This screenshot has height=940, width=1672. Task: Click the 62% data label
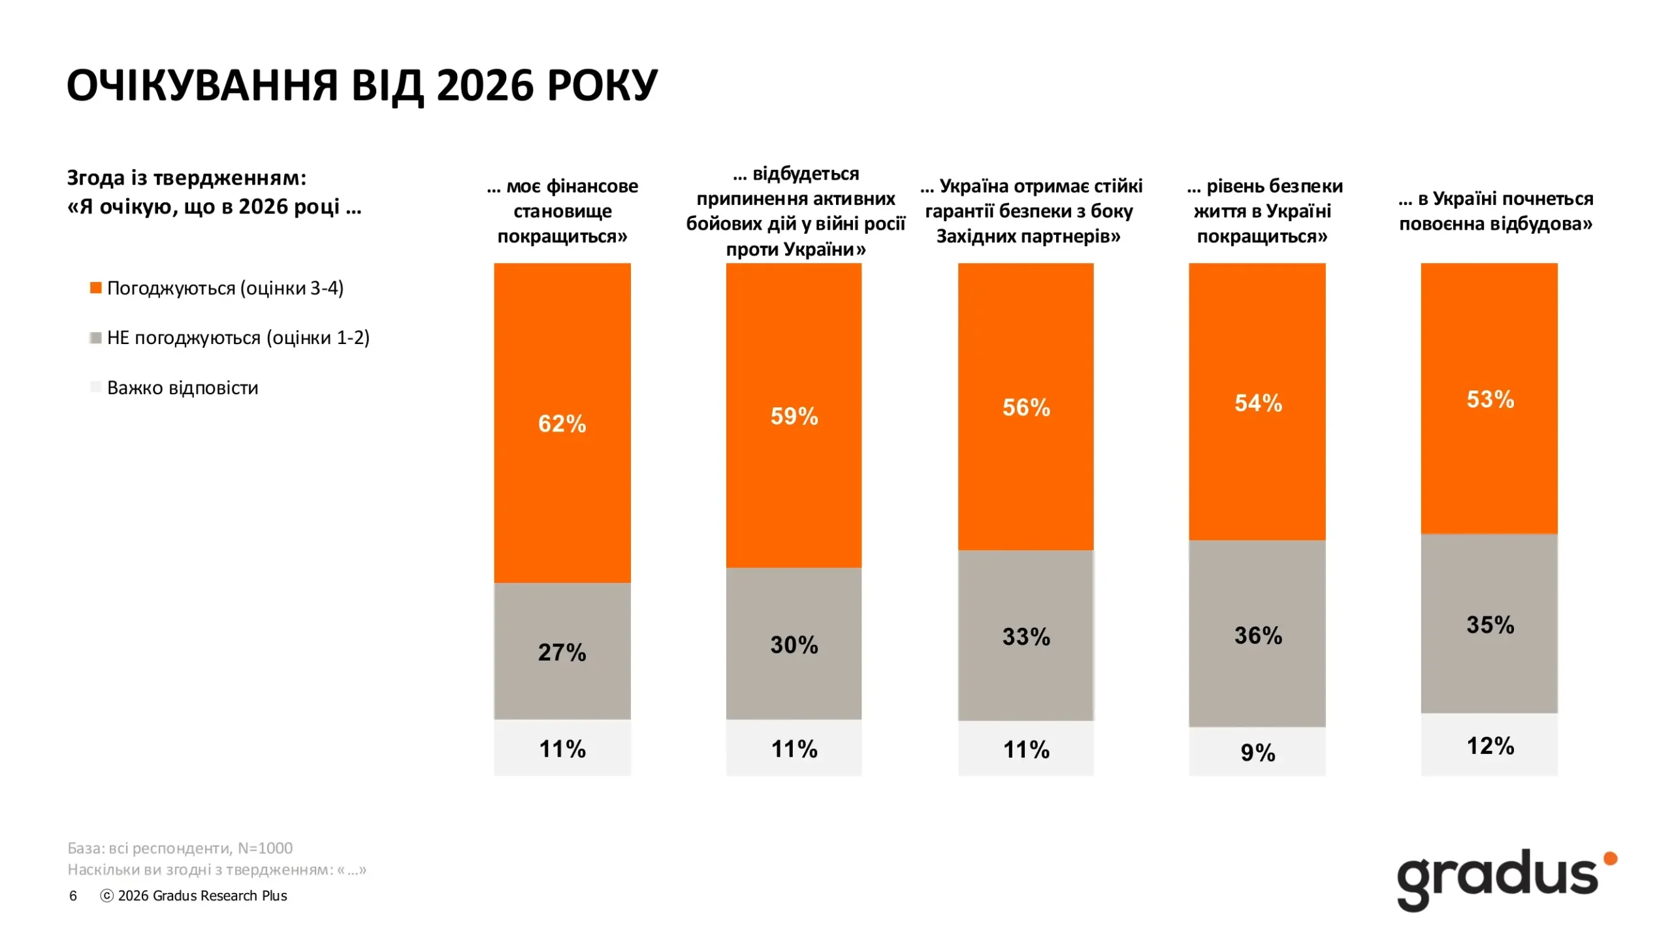pyautogui.click(x=562, y=424)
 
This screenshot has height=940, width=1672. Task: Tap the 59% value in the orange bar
pyautogui.click(x=794, y=416)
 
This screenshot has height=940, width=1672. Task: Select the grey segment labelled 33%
pyautogui.click(x=1025, y=635)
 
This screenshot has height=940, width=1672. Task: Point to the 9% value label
pyautogui.click(x=1258, y=752)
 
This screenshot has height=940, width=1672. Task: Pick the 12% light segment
pyautogui.click(x=1489, y=744)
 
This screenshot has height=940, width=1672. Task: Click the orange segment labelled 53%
pyautogui.click(x=1489, y=398)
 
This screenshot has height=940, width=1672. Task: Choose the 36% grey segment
pyautogui.click(x=1257, y=633)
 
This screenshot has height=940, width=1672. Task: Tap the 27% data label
pyautogui.click(x=562, y=652)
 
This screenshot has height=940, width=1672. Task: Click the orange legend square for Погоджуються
pyautogui.click(x=96, y=288)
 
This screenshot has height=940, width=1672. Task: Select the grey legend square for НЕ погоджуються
pyautogui.click(x=96, y=337)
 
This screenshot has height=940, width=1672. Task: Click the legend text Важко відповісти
pyautogui.click(x=183, y=388)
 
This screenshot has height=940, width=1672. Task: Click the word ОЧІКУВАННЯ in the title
pyautogui.click(x=203, y=86)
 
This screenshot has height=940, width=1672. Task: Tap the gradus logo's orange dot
pyautogui.click(x=1611, y=858)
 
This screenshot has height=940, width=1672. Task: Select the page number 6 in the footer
pyautogui.click(x=73, y=896)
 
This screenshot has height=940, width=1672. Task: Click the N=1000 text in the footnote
pyautogui.click(x=265, y=848)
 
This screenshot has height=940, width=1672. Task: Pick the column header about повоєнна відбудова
pyautogui.click(x=1496, y=211)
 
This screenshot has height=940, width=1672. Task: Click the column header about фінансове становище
pyautogui.click(x=562, y=211)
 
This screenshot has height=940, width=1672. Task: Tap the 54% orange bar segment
pyautogui.click(x=1257, y=401)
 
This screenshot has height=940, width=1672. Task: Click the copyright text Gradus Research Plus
pyautogui.click(x=202, y=896)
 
